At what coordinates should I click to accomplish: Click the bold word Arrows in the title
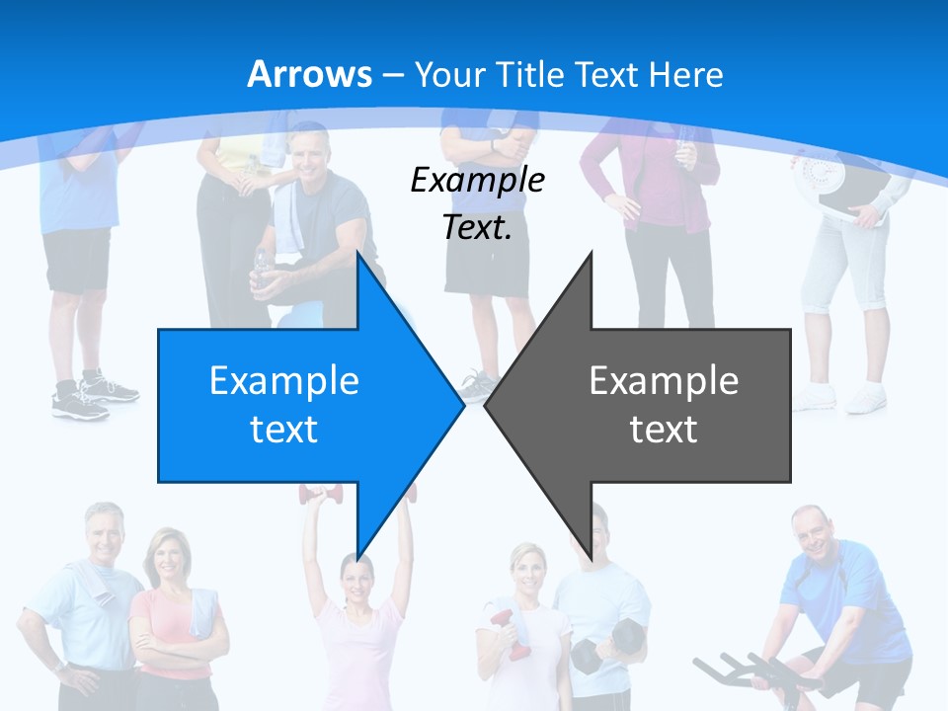309,74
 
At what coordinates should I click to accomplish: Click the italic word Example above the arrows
477,180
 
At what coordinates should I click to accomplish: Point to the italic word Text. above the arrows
477,227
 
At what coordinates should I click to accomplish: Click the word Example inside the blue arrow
283,381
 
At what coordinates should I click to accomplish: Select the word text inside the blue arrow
283,430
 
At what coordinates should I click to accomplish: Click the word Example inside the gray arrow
664,381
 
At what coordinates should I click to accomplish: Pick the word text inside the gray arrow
664,430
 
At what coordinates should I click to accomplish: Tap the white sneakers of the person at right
839,396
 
